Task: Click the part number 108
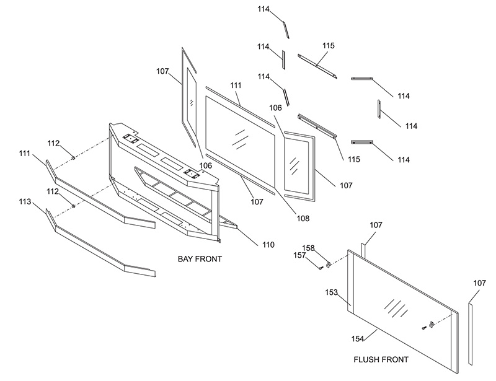click(x=303, y=218)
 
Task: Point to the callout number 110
click(x=267, y=245)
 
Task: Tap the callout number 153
click(x=331, y=292)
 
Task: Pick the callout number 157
click(x=300, y=255)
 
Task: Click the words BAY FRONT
click(x=200, y=258)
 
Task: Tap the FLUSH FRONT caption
click(x=380, y=359)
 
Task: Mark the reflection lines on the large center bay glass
click(x=238, y=138)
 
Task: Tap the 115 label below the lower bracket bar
click(x=353, y=159)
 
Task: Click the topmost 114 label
click(x=263, y=9)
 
